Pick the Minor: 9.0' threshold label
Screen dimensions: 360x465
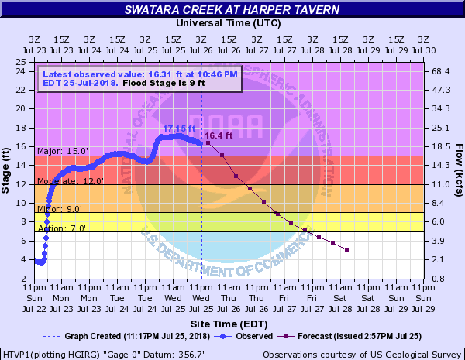pyautogui.click(x=59, y=209)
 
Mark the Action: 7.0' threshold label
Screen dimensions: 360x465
pyautogui.click(x=60, y=228)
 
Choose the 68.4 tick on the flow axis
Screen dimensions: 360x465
pyautogui.click(x=442, y=71)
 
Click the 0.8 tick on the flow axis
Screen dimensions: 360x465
pyautogui.click(x=439, y=279)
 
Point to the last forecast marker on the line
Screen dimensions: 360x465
pyautogui.click(x=346, y=249)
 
